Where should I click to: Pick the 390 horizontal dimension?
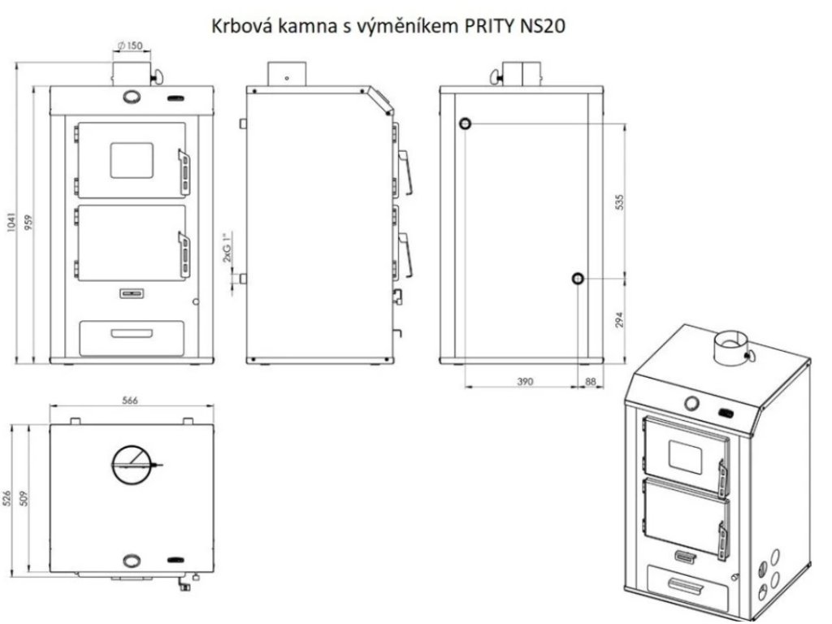click(525, 381)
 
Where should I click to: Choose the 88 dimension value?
click(591, 381)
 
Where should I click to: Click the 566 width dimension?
click(129, 400)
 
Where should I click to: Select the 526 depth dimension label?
click(10, 498)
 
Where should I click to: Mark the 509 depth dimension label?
click(28, 498)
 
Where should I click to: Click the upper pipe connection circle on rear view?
click(466, 123)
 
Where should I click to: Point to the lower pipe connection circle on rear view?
click(576, 279)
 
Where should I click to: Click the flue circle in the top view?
click(132, 465)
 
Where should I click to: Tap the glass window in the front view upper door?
click(132, 160)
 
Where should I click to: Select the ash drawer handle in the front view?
click(132, 333)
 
